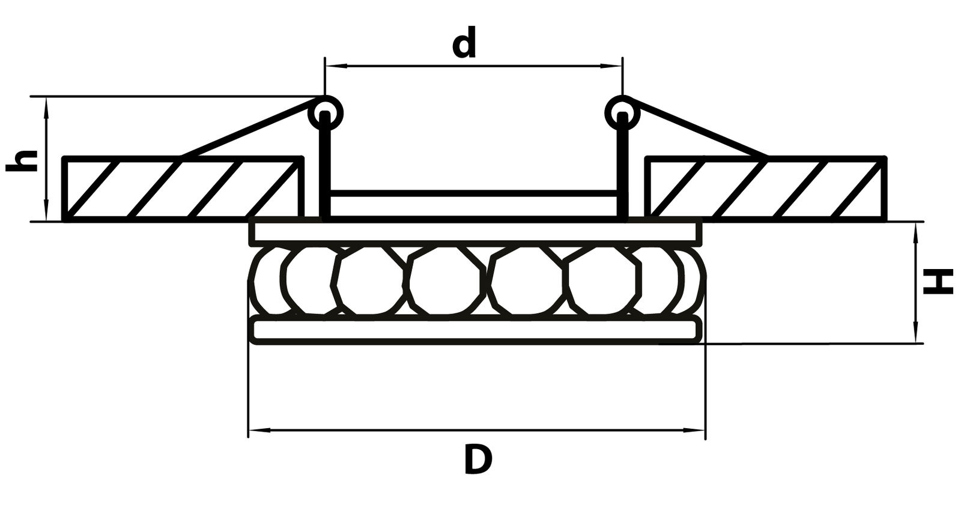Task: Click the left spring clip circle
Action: (326, 112)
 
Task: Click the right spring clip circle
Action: (623, 112)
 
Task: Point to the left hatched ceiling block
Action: (183, 189)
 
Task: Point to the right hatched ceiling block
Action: (765, 189)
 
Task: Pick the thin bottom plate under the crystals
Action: (477, 330)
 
